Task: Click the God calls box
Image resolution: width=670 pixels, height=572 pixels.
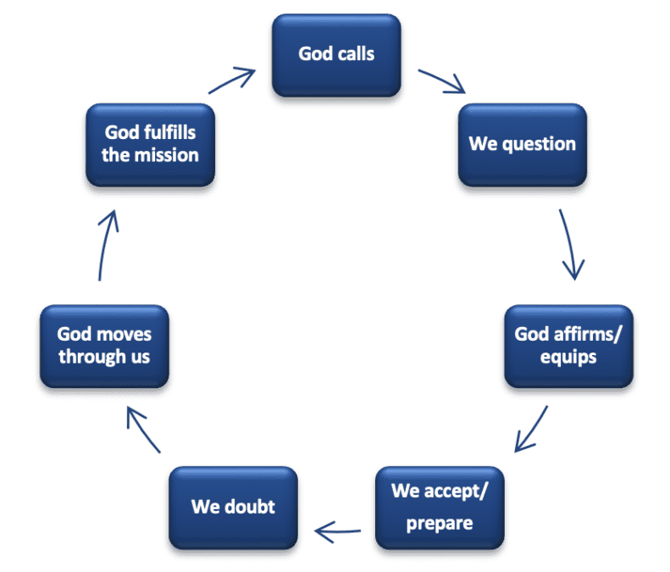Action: pyautogui.click(x=336, y=54)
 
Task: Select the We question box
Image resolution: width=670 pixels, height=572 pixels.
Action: pyautogui.click(x=523, y=144)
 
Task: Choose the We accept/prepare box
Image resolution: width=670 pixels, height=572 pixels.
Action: pyautogui.click(x=440, y=507)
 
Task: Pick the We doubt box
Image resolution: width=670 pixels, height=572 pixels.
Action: pyautogui.click(x=233, y=507)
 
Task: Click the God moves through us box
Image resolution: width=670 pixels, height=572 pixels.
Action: pyautogui.click(x=104, y=345)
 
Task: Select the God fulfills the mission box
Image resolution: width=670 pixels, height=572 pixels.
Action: pyautogui.click(x=151, y=144)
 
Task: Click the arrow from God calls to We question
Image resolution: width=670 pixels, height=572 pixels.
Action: pyautogui.click(x=443, y=81)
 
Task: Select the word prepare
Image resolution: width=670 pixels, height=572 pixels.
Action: pyautogui.click(x=440, y=522)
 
